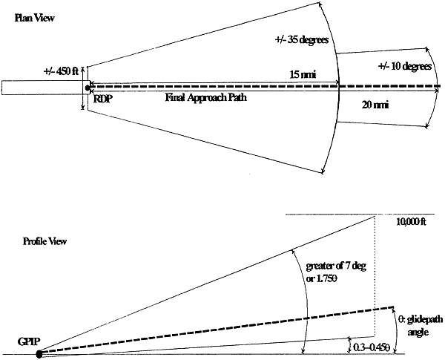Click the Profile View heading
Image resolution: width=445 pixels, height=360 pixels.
pyautogui.click(x=43, y=241)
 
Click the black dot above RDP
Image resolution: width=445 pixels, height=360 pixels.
pyautogui.click(x=88, y=88)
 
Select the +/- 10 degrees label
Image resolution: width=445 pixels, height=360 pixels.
pyautogui.click(x=404, y=66)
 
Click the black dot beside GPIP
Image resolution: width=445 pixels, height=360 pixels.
pyautogui.click(x=39, y=353)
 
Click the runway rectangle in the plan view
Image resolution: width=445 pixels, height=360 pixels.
pyautogui.click(x=42, y=88)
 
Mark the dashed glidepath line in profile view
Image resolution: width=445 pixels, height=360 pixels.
pyautogui.click(x=222, y=330)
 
